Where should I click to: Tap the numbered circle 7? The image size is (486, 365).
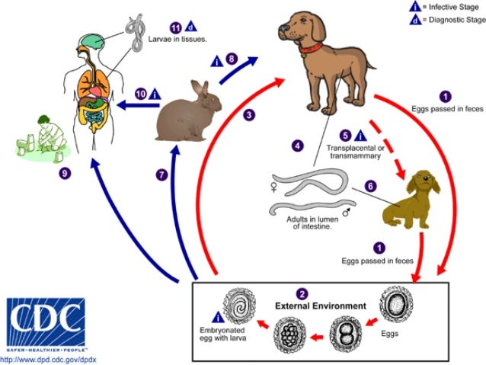161,174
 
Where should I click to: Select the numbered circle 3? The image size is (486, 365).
248,115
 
